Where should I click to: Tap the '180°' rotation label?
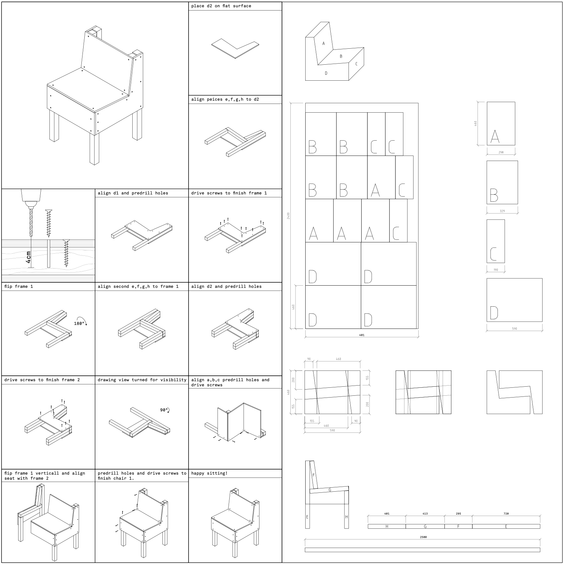(x=79, y=323)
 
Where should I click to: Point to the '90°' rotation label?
(x=164, y=410)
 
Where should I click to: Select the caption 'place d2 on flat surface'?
(x=221, y=6)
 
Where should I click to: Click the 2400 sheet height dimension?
(x=289, y=216)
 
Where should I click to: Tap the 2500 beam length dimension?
(x=423, y=537)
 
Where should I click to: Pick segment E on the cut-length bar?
(x=506, y=526)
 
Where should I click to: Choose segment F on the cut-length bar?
(x=458, y=526)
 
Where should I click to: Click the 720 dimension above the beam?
(x=506, y=513)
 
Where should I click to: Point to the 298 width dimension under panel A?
(x=501, y=152)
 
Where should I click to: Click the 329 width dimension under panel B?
(x=502, y=211)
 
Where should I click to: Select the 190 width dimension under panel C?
(x=496, y=270)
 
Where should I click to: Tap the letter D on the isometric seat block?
(x=326, y=73)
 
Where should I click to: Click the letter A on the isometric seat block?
(x=323, y=43)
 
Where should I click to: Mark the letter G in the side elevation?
(x=330, y=490)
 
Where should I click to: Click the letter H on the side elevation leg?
(x=346, y=517)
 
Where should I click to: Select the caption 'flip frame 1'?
(x=19, y=286)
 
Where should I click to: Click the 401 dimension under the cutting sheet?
(x=362, y=335)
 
